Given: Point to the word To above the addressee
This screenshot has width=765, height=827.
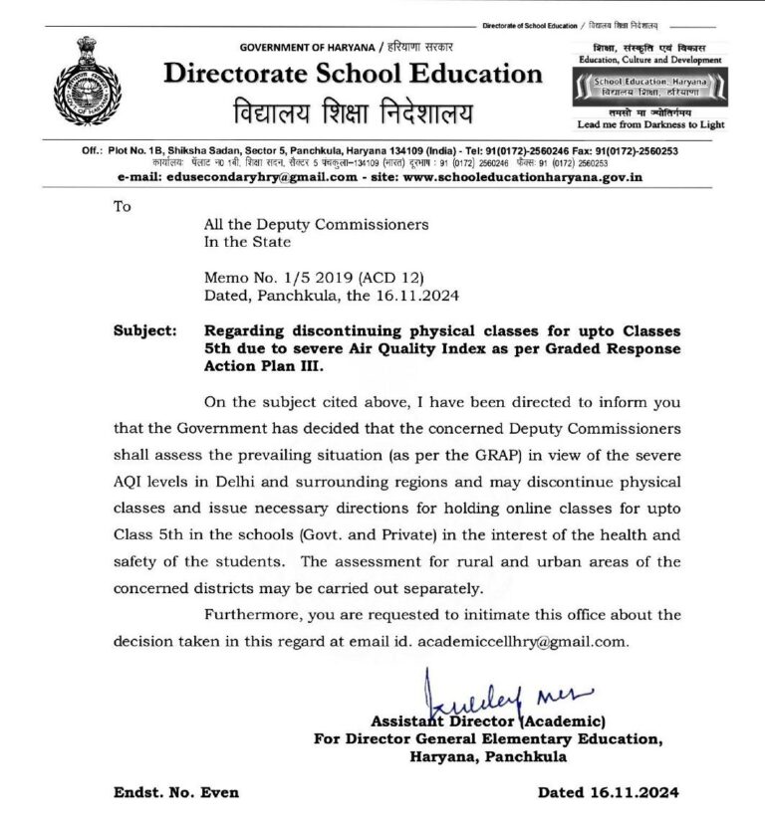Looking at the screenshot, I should pyautogui.click(x=123, y=207).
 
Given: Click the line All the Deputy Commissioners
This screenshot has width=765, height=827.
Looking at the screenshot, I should pyautogui.click(x=316, y=225).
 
